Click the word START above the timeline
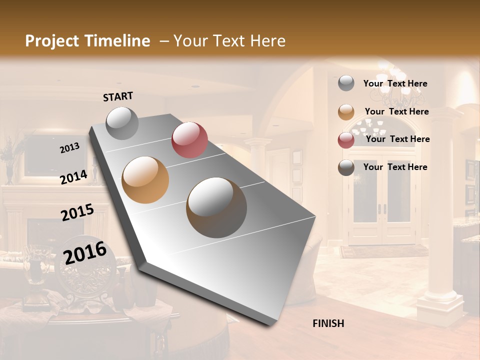pos(118,96)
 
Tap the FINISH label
pos(328,323)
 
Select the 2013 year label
pos(70,147)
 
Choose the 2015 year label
pos(77,212)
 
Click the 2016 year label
pos(85,252)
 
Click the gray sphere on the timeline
pos(122,123)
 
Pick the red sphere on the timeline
pos(189,140)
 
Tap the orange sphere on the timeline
pos(145,180)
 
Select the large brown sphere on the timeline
pos(216,207)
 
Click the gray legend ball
pos(346,83)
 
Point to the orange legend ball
pos(346,112)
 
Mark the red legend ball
pos(346,140)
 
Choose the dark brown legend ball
pos(346,167)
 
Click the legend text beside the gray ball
pos(395,83)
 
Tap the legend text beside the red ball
pos(397,139)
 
